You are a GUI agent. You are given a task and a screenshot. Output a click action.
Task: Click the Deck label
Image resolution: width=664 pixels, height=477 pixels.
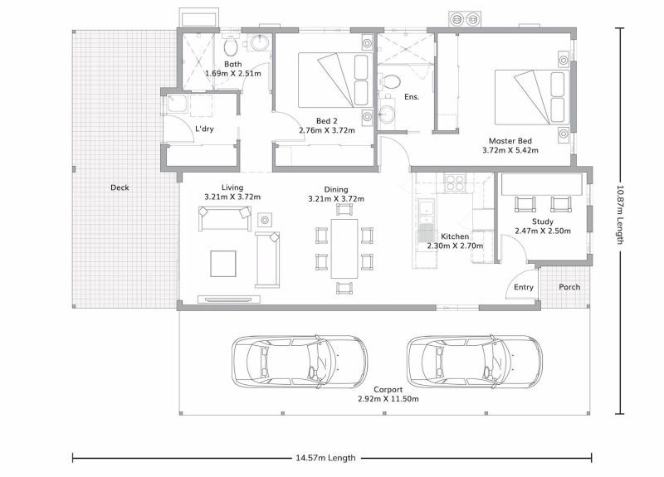coord(120,187)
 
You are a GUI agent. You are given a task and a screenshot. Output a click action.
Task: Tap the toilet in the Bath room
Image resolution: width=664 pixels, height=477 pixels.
coord(231,46)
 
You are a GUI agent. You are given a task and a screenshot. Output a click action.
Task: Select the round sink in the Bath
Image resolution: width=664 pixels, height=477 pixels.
coord(259,43)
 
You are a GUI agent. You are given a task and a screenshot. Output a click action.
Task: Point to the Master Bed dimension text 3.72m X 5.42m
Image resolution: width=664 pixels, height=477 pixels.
coord(510,150)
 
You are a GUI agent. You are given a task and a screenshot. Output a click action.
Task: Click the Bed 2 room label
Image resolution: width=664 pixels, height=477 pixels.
coord(326,121)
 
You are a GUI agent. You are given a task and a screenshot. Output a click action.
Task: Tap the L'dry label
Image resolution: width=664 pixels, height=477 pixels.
coord(204,129)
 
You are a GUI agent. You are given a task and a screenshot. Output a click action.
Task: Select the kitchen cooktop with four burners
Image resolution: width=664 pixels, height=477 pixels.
coord(455,182)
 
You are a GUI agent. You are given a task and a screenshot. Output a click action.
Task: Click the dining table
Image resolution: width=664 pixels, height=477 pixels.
coord(344,248)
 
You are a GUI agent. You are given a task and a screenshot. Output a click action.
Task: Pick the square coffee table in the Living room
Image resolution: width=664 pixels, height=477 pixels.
coord(223,264)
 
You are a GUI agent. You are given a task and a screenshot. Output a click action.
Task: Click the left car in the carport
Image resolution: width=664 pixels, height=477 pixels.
coord(300,362)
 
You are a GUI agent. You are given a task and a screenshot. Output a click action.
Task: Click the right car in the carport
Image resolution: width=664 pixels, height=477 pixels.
coord(474,362)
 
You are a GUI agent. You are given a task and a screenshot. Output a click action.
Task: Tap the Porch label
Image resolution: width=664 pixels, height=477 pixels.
coord(569,287)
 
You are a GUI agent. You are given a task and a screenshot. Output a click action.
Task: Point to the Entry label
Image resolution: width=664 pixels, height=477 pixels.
coord(524,287)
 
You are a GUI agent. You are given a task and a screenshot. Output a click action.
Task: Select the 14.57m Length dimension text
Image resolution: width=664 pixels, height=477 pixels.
coord(325,458)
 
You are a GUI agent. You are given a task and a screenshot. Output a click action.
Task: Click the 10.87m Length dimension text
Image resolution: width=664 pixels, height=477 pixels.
coord(620,215)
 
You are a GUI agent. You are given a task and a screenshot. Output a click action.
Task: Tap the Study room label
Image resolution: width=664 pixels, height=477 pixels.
coord(543,221)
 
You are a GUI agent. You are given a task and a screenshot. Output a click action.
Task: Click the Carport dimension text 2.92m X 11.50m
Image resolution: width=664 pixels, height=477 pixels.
coord(388,399)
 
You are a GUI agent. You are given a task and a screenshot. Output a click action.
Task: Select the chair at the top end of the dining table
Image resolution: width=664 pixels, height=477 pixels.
coord(344,210)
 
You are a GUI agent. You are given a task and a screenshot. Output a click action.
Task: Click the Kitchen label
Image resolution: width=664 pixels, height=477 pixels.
coord(455,236)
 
